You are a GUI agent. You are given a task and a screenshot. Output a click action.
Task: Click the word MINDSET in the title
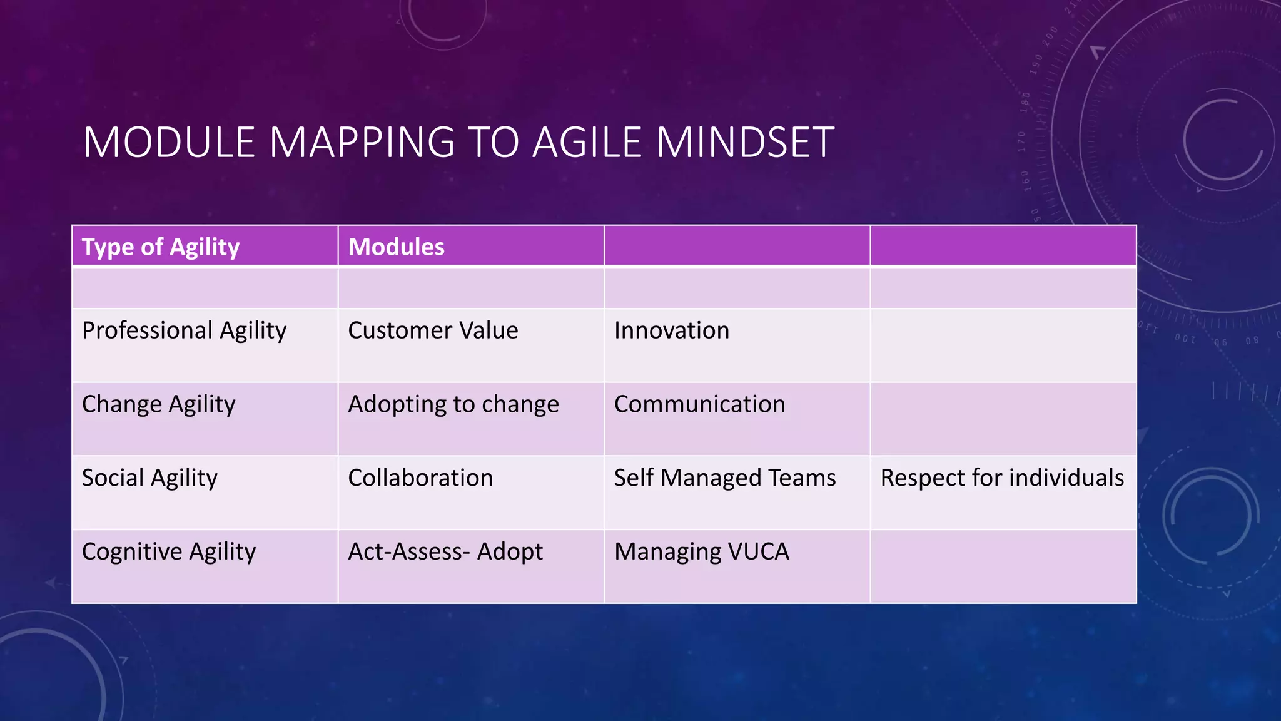745,142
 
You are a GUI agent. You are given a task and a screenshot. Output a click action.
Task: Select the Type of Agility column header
161,247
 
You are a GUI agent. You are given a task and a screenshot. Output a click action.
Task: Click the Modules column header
396,247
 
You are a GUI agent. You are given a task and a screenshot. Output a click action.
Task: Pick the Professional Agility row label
184,330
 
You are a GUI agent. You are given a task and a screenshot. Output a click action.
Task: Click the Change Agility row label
158,404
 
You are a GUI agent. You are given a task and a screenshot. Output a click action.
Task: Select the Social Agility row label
149,478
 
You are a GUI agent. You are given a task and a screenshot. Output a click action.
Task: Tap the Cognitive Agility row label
169,552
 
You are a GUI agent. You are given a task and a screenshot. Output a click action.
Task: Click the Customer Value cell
433,330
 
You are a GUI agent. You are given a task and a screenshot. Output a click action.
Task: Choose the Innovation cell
671,330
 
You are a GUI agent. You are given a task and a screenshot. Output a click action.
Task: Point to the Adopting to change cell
453,404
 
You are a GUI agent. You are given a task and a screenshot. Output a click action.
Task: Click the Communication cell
699,404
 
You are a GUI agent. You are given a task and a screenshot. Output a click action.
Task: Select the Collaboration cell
420,478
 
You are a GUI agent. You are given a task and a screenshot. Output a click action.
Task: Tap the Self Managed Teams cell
724,478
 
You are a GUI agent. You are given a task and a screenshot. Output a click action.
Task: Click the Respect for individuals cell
1002,478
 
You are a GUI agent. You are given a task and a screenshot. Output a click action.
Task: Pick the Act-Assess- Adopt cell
445,552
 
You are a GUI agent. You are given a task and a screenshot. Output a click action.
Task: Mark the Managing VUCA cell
701,552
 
